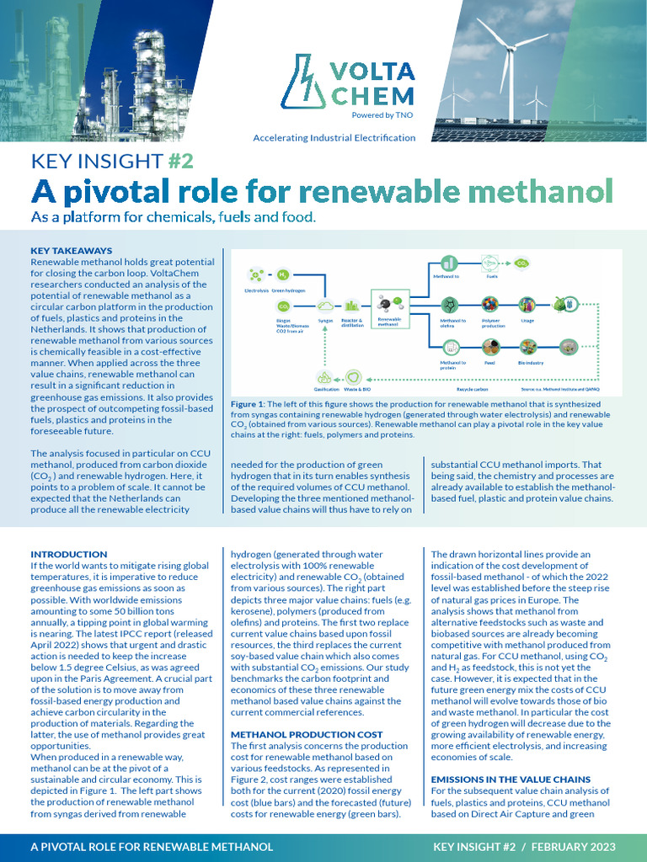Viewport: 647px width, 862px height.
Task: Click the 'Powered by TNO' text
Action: pyautogui.click(x=382, y=115)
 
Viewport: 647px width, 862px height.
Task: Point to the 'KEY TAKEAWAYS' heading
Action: pyautogui.click(x=71, y=250)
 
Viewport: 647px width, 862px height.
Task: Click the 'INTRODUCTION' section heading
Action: pyautogui.click(x=69, y=554)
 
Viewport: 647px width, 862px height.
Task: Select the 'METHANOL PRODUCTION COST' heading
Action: pyautogui.click(x=307, y=735)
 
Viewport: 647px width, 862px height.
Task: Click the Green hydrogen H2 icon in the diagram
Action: pyautogui.click(x=282, y=274)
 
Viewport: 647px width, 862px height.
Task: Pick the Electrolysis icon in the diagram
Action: pyautogui.click(x=254, y=275)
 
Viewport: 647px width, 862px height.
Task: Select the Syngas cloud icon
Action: pyautogui.click(x=324, y=306)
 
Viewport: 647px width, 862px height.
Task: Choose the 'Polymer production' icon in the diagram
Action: pyautogui.click(x=489, y=305)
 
